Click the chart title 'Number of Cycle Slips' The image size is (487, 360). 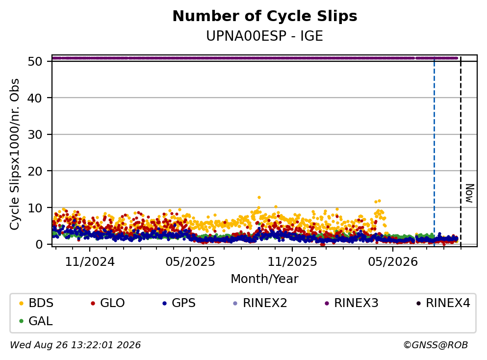(265, 16)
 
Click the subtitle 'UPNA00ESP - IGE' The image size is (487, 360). (265, 36)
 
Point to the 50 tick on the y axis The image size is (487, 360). (35, 61)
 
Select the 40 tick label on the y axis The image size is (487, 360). (35, 98)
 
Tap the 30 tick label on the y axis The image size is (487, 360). (35, 135)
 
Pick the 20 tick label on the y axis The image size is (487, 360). (35, 171)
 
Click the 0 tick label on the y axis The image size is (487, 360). (39, 244)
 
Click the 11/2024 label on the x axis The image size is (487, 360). (90, 262)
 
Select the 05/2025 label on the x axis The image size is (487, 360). (190, 262)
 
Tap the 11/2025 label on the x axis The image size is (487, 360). (292, 262)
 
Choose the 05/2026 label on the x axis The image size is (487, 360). (393, 262)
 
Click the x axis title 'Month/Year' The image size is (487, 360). (265, 279)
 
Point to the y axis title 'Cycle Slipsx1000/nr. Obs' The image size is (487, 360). (14, 154)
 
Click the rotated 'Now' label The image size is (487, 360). (470, 193)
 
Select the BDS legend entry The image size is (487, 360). (36, 303)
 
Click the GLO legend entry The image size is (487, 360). (107, 303)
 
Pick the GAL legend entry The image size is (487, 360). (36, 321)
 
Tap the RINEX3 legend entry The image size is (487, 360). (352, 303)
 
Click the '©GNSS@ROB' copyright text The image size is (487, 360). (436, 345)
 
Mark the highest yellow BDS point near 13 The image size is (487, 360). (259, 197)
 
